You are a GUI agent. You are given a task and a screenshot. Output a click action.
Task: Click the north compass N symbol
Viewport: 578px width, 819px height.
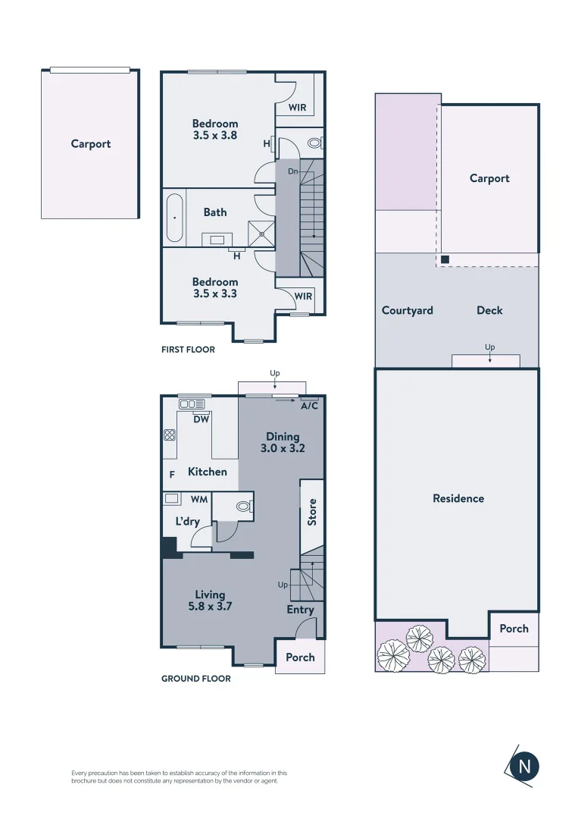coord(524,766)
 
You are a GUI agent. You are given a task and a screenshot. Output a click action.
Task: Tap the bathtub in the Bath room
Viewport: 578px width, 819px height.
coord(174,218)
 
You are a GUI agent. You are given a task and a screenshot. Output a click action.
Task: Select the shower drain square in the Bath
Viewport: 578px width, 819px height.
coord(262,234)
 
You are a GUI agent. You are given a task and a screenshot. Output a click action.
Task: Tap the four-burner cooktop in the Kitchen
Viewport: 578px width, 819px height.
coord(170,435)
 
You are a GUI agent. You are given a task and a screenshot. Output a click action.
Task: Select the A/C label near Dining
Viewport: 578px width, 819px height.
coord(309,406)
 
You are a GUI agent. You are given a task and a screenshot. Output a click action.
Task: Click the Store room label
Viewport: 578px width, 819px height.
coord(312,513)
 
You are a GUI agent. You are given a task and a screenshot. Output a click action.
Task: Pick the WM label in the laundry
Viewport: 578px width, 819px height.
coord(199,500)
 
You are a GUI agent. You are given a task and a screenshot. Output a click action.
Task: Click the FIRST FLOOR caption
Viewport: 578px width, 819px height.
coord(188,350)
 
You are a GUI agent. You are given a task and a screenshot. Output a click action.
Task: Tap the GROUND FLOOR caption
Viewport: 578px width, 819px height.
coord(195,679)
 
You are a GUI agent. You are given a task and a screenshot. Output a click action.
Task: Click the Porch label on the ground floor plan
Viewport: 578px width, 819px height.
coord(300,657)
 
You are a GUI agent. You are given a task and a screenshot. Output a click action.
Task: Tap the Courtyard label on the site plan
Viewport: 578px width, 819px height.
coord(407,310)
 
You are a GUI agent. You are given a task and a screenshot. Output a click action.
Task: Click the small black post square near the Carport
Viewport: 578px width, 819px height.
coord(445,260)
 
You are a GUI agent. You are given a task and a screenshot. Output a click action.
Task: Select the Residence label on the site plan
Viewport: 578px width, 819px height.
coord(458,498)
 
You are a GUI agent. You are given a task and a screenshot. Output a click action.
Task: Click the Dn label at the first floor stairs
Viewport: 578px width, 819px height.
coord(292,172)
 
